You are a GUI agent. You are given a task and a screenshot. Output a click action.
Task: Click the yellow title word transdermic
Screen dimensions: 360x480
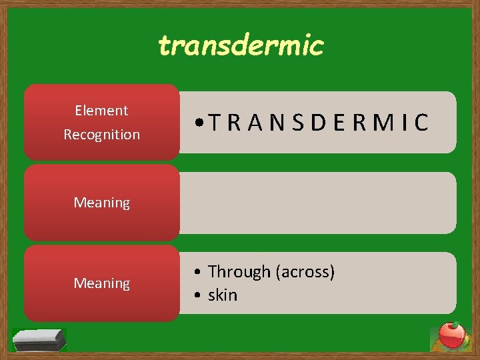241,45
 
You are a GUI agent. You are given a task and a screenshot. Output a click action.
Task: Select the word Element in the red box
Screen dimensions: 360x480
101,111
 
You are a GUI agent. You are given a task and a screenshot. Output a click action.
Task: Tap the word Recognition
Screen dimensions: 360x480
101,134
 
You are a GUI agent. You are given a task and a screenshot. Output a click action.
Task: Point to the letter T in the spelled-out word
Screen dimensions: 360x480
213,123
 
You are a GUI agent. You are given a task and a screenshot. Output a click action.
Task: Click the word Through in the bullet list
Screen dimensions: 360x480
239,272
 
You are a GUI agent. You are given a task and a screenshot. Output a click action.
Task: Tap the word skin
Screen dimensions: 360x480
222,295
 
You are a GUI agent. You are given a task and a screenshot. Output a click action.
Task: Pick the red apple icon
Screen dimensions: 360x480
451,335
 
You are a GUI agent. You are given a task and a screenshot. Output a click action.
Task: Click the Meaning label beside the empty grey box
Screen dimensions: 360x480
101,203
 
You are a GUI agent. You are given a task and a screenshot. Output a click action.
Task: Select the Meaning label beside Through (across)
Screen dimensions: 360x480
101,284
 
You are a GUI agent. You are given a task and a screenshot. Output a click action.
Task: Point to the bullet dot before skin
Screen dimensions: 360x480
199,295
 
